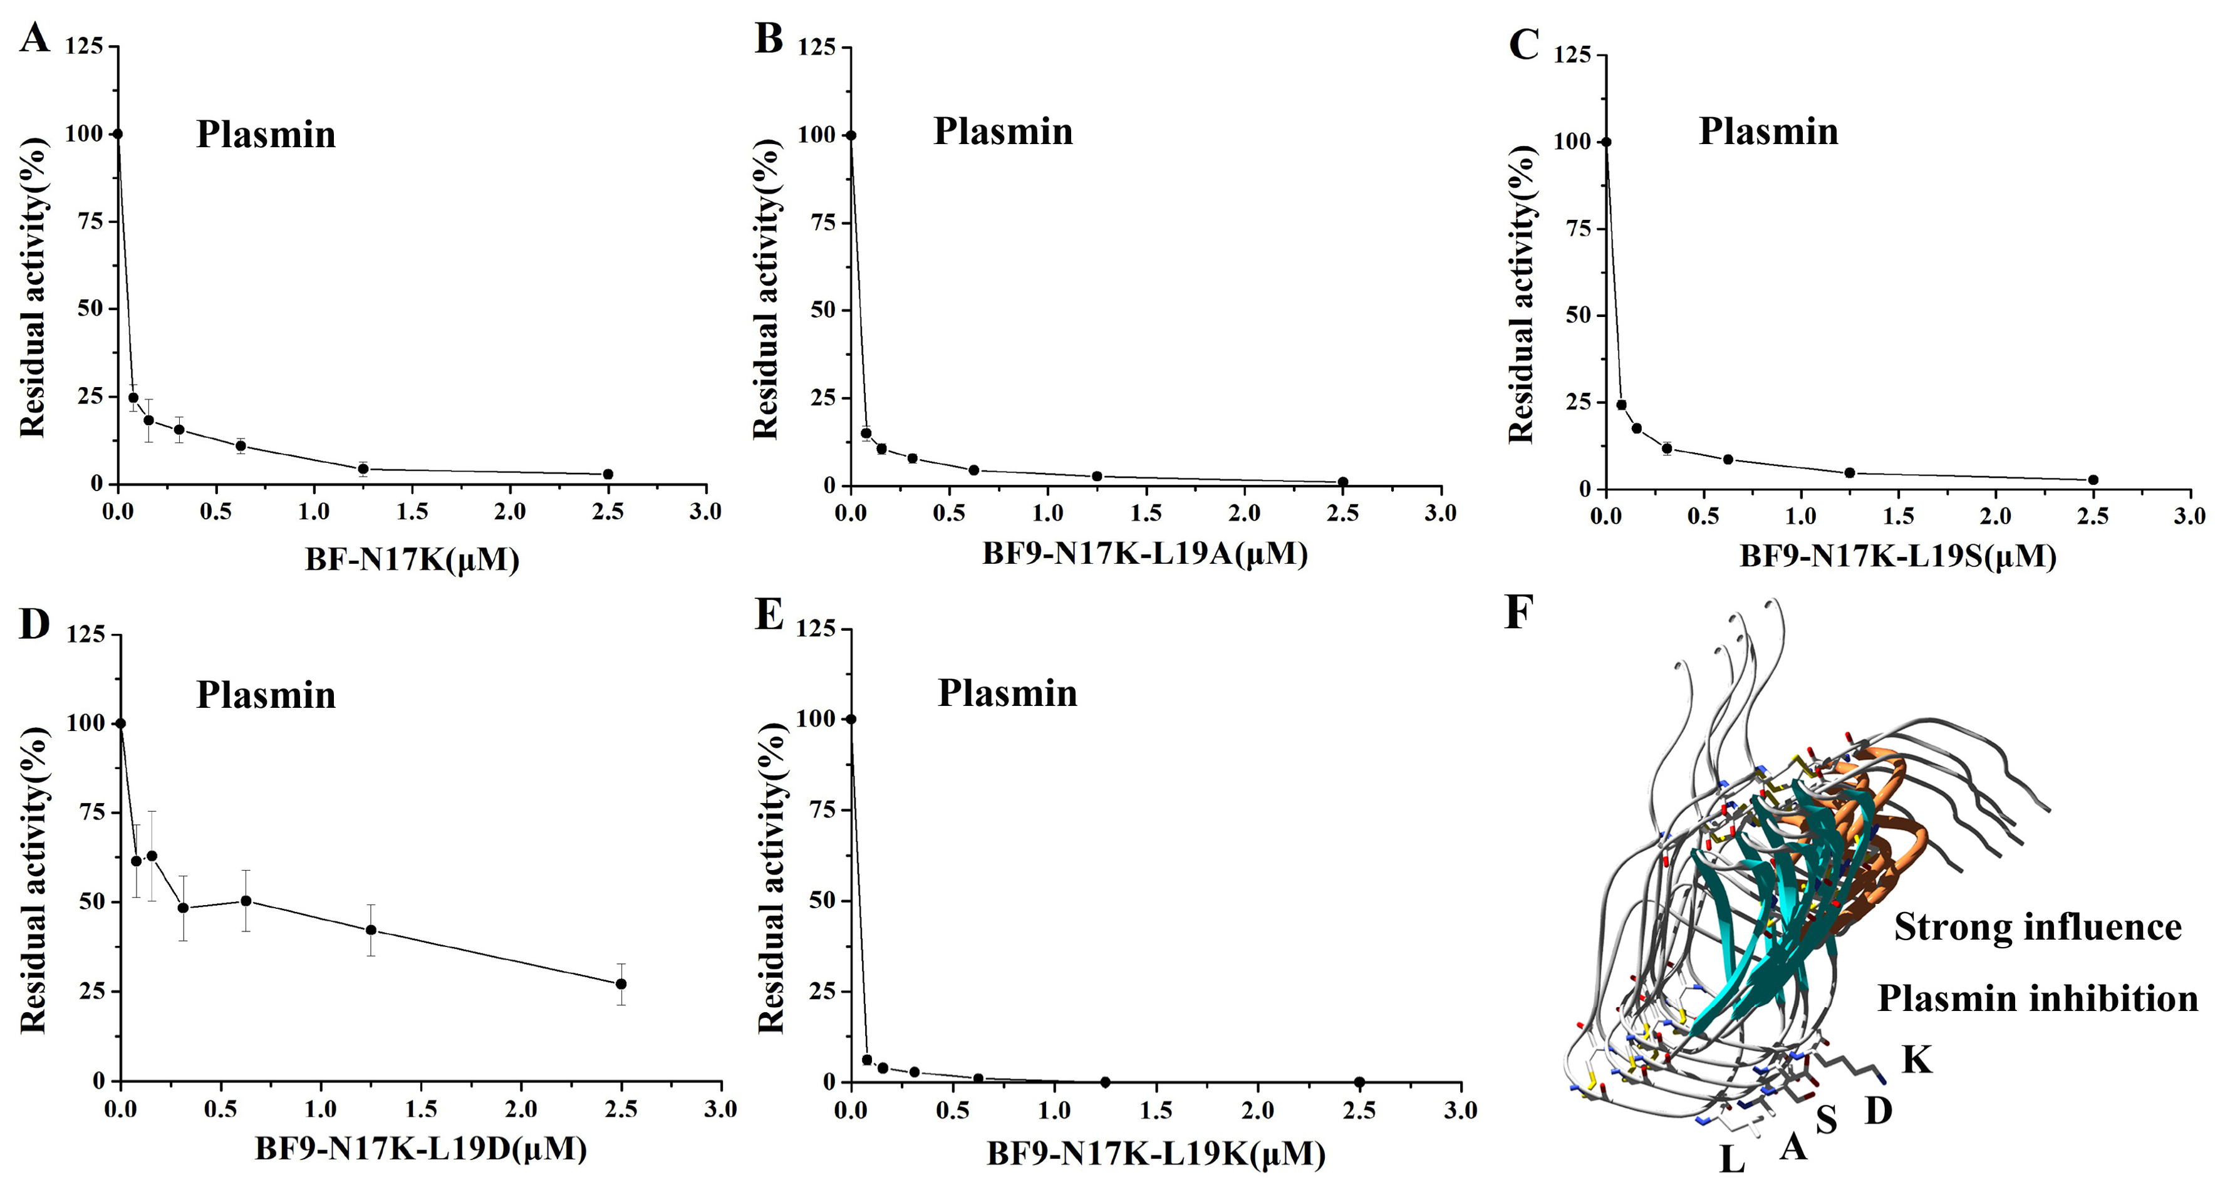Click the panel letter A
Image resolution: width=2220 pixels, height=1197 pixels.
pyautogui.click(x=34, y=39)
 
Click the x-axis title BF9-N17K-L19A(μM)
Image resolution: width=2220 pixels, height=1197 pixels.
pyautogui.click(x=1145, y=555)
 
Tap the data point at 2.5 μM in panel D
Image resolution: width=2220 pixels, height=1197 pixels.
pyautogui.click(x=621, y=983)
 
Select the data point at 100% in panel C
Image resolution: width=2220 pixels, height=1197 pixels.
pyautogui.click(x=1605, y=142)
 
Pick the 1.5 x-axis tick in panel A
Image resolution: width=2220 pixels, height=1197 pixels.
pyautogui.click(x=412, y=512)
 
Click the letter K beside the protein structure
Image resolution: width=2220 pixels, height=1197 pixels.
pyautogui.click(x=1917, y=1060)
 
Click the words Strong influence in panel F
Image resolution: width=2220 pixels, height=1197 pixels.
pyautogui.click(x=2037, y=927)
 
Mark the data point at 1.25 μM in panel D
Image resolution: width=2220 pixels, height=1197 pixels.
pyautogui.click(x=371, y=930)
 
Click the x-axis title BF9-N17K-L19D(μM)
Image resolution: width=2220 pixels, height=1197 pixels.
pyautogui.click(x=420, y=1149)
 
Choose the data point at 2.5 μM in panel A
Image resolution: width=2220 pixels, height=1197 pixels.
pyautogui.click(x=608, y=474)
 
